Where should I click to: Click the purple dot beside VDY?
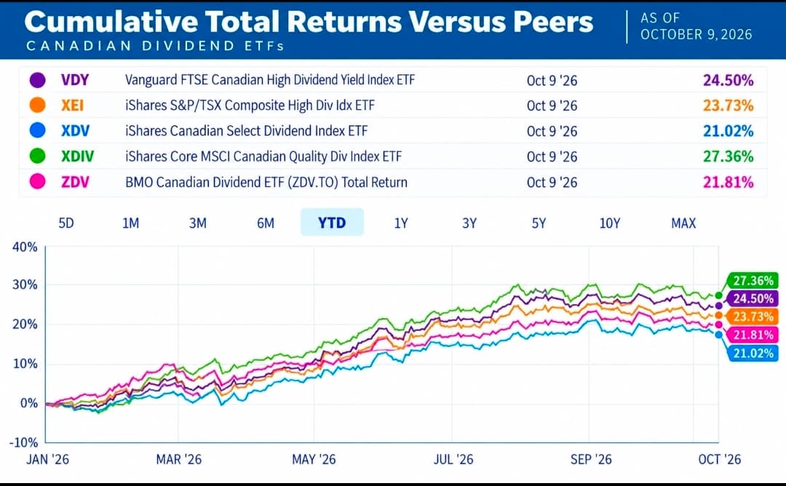click(38, 80)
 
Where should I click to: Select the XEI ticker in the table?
click(72, 105)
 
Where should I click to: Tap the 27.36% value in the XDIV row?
click(728, 156)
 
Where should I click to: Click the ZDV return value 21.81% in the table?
click(728, 182)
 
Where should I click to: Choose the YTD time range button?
click(332, 223)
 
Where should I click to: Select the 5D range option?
click(66, 223)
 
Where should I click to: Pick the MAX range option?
click(683, 223)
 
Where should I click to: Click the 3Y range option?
click(469, 223)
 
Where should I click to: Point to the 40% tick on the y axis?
click(25, 247)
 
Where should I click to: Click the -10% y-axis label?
click(23, 442)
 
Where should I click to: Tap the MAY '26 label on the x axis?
click(314, 460)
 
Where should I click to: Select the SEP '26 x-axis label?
click(591, 460)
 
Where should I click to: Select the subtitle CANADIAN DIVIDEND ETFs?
click(156, 46)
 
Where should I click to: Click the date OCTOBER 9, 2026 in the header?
click(696, 35)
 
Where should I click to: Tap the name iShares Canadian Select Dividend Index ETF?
click(246, 131)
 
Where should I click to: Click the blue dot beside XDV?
click(38, 131)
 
